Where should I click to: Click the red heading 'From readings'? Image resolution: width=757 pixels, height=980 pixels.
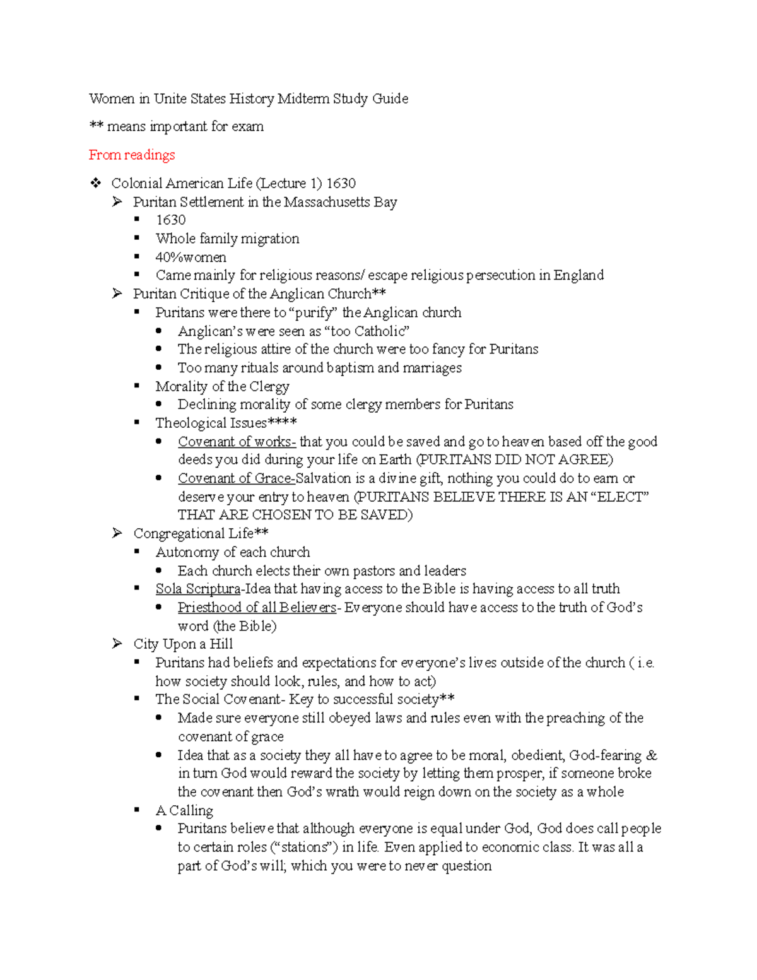(x=132, y=155)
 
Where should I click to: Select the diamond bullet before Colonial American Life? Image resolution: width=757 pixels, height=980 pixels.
(x=96, y=183)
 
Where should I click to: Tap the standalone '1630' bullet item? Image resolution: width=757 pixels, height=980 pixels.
(x=170, y=220)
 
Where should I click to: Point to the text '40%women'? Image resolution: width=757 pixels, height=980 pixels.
(x=191, y=257)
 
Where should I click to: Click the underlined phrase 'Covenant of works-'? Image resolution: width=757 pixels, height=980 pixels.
(x=237, y=441)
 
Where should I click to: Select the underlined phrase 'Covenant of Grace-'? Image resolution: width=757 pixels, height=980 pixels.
(x=237, y=478)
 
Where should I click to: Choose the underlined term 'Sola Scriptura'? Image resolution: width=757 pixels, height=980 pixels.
(x=198, y=589)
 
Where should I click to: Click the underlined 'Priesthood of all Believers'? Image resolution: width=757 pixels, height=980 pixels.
(x=257, y=607)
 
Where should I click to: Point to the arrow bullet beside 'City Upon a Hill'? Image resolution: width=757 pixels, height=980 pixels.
(x=117, y=644)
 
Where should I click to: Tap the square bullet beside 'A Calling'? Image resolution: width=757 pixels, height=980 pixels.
(x=137, y=810)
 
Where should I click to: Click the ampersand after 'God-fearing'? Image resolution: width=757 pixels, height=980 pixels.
(x=652, y=755)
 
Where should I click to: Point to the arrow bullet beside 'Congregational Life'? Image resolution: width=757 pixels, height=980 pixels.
(x=117, y=533)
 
